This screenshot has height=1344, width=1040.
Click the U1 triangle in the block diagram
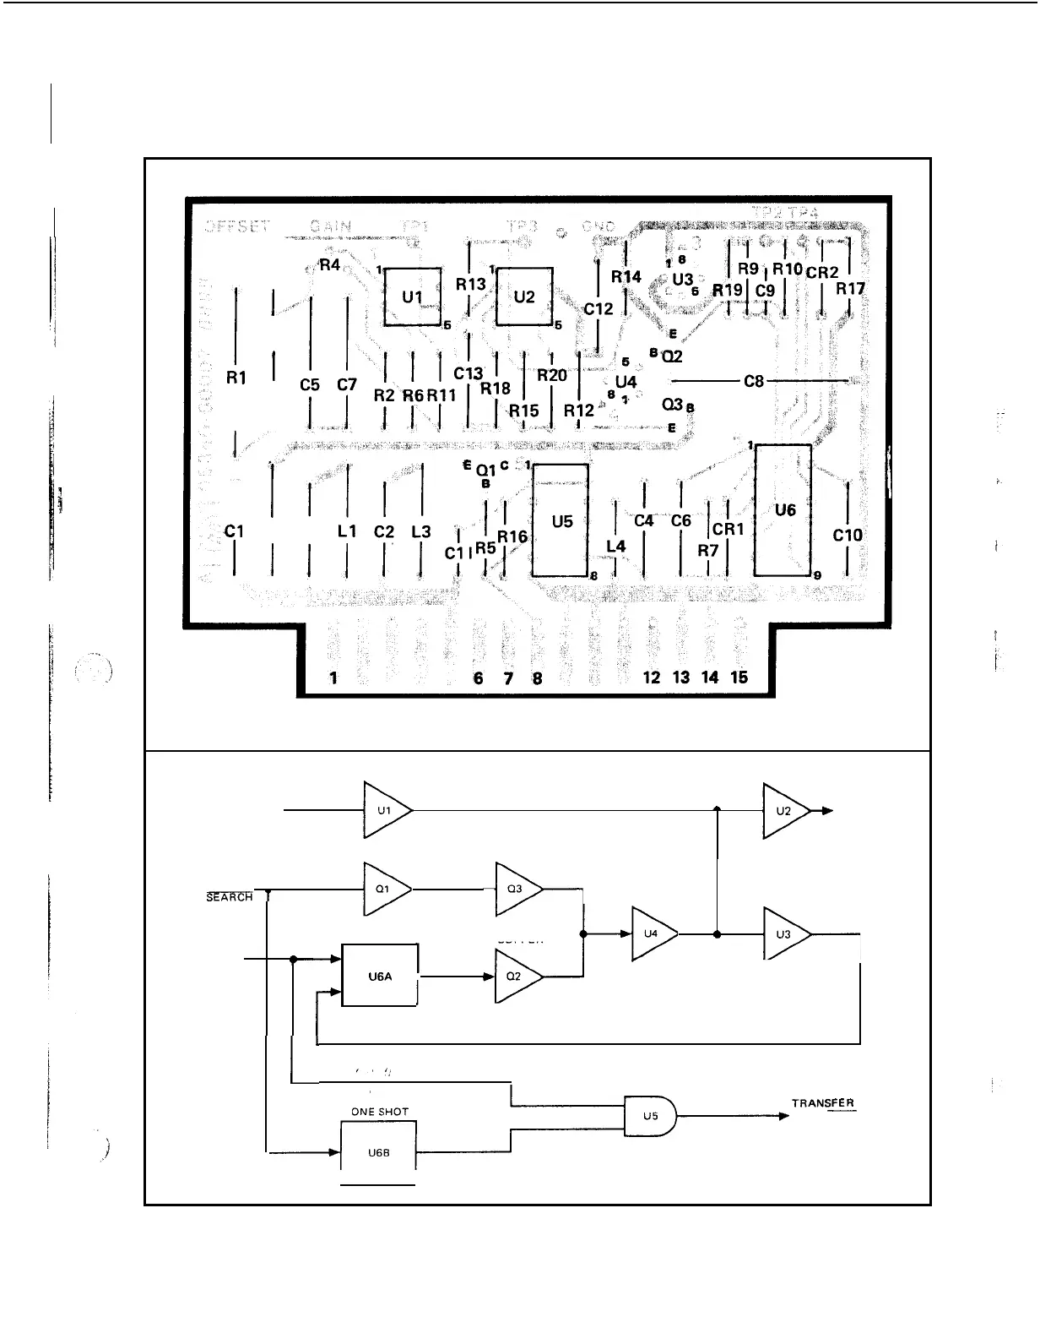[x=386, y=810]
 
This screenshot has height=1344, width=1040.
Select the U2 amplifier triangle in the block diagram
[x=784, y=810]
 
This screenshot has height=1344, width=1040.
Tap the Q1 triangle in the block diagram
[x=385, y=889]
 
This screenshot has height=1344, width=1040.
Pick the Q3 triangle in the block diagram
[x=516, y=889]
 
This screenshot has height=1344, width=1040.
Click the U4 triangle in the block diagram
[x=653, y=933]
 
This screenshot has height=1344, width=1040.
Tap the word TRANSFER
[x=823, y=1103]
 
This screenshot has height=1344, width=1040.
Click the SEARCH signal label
[x=230, y=896]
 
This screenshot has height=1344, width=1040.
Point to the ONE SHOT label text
[x=380, y=1112]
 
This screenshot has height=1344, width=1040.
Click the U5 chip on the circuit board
[x=561, y=521]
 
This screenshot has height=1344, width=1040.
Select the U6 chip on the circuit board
[x=784, y=509]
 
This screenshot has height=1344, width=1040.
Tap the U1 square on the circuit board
[x=412, y=297]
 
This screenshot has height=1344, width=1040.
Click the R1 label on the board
[x=236, y=378]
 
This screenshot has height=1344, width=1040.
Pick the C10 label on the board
[x=848, y=535]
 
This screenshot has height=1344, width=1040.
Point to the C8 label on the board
[x=754, y=382]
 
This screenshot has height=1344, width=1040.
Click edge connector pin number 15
[x=739, y=677]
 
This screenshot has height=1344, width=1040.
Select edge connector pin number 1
[x=334, y=677]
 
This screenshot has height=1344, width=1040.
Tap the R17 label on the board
[x=850, y=288]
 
